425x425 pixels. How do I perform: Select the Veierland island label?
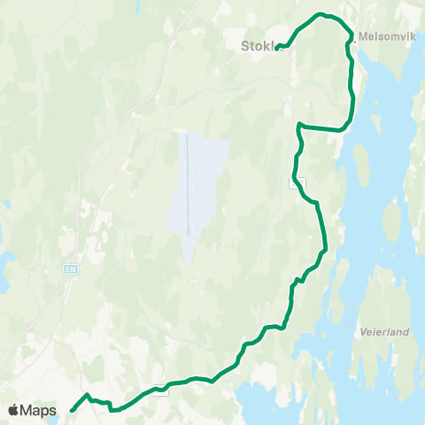[384, 332]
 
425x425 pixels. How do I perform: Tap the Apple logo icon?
[15, 410]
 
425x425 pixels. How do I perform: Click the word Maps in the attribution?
[38, 410]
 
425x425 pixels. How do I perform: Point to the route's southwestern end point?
[72, 410]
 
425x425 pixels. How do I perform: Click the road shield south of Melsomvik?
[300, 182]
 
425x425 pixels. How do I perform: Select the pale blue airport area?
[199, 190]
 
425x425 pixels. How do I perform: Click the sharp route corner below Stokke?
[300, 125]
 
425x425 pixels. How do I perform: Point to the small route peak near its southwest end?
[86, 395]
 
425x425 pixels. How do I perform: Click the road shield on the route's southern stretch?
[160, 391]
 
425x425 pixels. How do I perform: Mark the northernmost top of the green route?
[322, 14]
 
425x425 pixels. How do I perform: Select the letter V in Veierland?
[364, 332]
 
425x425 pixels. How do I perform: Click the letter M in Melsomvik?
[364, 37]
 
